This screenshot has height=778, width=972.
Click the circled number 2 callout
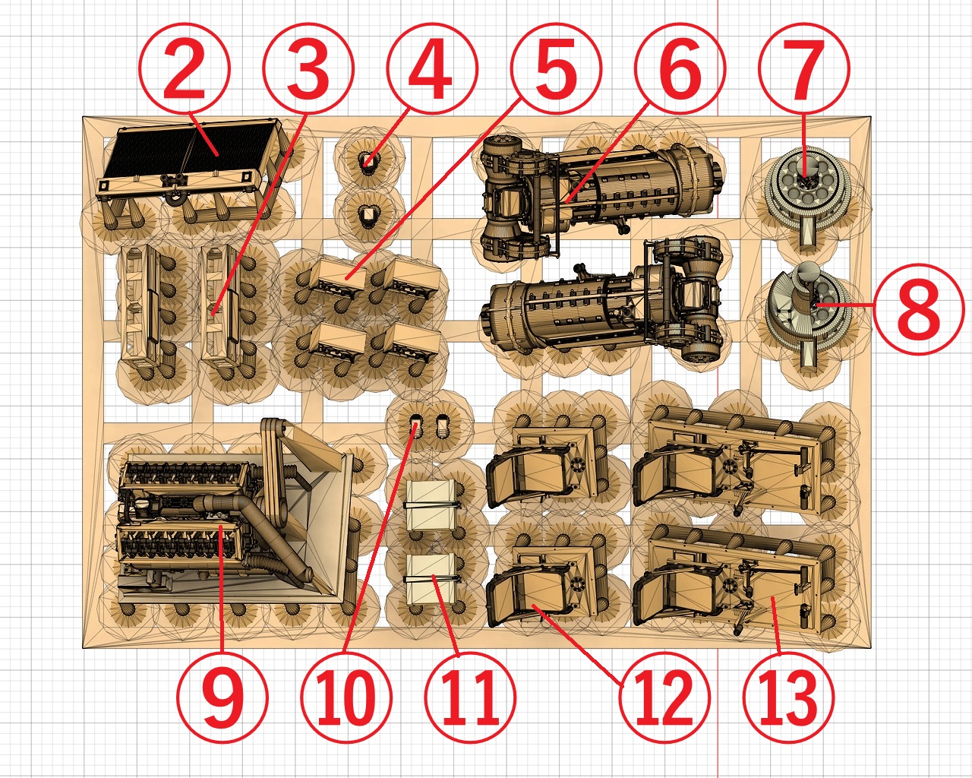(x=185, y=68)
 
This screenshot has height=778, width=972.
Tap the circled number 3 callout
(x=308, y=68)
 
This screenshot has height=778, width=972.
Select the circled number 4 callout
(x=431, y=68)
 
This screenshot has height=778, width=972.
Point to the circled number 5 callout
(x=556, y=68)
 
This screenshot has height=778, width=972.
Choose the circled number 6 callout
(x=680, y=68)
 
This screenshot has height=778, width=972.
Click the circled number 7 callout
(x=804, y=68)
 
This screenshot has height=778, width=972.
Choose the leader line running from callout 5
(x=432, y=189)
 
